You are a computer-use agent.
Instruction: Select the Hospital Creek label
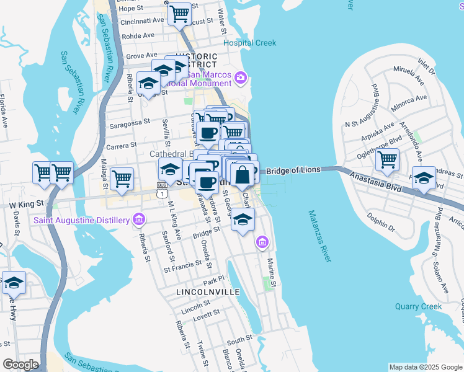250,43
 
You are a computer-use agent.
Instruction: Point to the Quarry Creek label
419,306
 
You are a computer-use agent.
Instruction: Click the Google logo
20,365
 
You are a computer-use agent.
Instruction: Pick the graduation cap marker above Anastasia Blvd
423,178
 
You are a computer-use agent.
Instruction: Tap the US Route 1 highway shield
161,193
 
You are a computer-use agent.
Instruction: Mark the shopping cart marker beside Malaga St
122,178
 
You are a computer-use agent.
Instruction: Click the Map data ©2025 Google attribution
425,366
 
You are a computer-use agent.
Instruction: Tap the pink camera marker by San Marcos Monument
241,78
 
